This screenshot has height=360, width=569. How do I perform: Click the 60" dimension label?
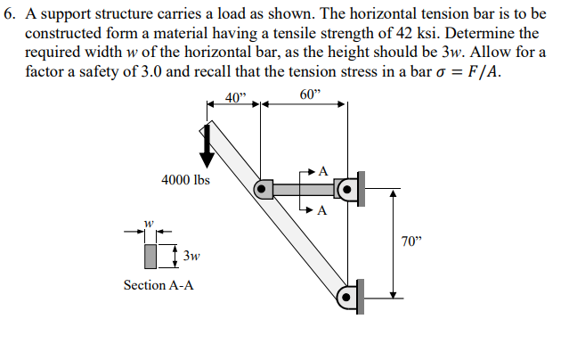click(310, 95)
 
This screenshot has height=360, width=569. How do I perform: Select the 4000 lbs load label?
click(185, 179)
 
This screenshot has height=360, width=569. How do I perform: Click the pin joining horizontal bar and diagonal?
click(263, 189)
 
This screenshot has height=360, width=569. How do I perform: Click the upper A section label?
click(322, 170)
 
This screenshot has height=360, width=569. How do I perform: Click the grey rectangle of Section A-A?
click(150, 257)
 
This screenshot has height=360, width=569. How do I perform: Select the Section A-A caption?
click(158, 285)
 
